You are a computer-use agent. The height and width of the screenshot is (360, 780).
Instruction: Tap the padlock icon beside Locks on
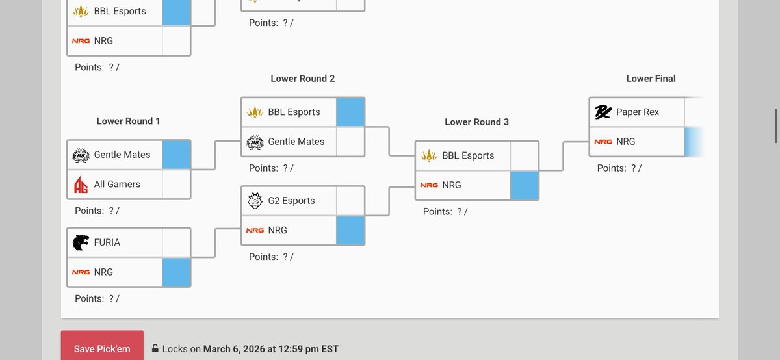(x=155, y=348)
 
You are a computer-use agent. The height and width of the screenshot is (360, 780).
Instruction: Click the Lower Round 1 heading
(x=129, y=121)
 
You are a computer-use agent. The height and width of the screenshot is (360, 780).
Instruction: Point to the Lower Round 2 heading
(x=303, y=79)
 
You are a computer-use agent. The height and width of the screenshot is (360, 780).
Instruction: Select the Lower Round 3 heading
(x=476, y=122)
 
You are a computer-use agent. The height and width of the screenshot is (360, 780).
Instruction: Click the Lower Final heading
(x=651, y=79)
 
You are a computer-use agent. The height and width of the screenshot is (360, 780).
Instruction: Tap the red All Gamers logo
(x=81, y=185)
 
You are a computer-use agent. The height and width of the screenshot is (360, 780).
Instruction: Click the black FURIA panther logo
(x=81, y=242)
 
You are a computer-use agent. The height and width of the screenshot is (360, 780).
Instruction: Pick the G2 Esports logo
(x=255, y=201)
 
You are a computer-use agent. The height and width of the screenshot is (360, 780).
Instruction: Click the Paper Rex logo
(x=603, y=112)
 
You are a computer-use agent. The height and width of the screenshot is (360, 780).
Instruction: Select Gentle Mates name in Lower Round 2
(x=296, y=142)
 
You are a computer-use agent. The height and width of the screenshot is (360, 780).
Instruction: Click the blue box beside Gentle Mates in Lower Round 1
(x=176, y=155)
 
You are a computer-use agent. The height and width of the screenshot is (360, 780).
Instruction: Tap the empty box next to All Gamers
(x=176, y=184)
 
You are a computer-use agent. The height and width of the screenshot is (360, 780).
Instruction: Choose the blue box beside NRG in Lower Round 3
(x=525, y=185)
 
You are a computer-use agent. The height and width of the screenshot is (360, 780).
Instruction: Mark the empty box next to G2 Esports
(x=350, y=201)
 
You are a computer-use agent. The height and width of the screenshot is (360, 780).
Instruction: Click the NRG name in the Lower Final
(x=626, y=142)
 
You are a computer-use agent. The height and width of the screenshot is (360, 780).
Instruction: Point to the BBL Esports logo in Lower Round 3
(x=429, y=155)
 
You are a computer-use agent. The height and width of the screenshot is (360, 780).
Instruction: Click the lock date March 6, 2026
(x=233, y=349)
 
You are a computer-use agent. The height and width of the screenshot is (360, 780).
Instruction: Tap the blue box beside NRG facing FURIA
(x=176, y=272)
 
